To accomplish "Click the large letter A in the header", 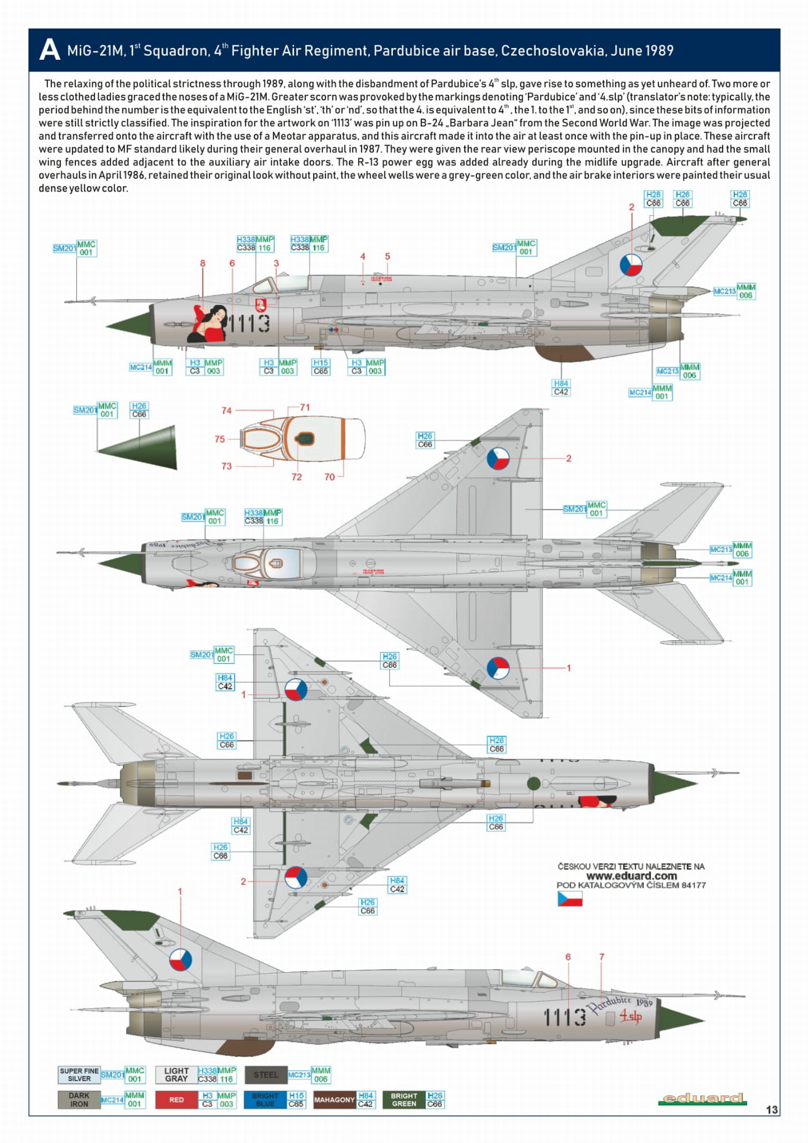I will click(49, 50).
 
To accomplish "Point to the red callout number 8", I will click(203, 263).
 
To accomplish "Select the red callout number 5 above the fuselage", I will click(387, 256).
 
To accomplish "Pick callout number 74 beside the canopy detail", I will click(226, 410).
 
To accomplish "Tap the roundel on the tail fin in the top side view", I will click(631, 265).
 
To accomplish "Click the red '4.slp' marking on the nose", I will click(631, 1017).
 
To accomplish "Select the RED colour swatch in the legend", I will click(176, 1099).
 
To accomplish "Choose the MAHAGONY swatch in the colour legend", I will click(334, 1099).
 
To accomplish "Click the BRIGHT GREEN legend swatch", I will click(404, 1099).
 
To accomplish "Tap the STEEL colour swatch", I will click(266, 1075).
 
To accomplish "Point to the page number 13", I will click(772, 1109).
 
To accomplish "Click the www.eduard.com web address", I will click(631, 876).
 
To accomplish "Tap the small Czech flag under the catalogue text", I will click(570, 898).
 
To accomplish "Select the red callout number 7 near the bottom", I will click(602, 957).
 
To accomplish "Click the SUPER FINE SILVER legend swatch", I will click(79, 1075).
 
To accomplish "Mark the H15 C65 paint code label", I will click(320, 367).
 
